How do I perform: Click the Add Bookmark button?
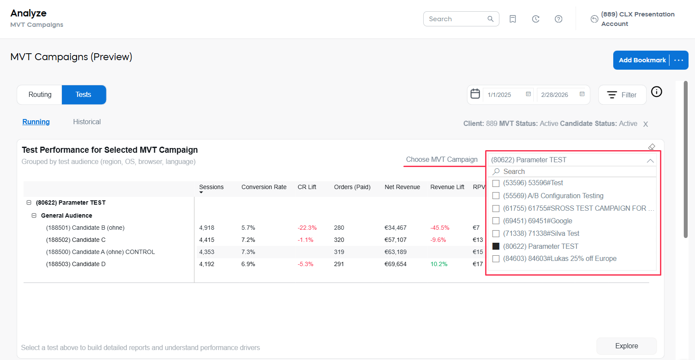[x=642, y=60]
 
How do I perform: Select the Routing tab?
[x=40, y=95]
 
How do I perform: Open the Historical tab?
[x=87, y=122]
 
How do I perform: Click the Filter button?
[x=622, y=95]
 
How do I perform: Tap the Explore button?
[x=626, y=346]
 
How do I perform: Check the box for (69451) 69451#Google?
[x=496, y=221]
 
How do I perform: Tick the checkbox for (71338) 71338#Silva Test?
[x=496, y=234]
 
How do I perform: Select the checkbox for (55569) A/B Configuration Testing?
[x=496, y=196]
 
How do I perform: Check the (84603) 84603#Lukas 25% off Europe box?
[x=496, y=259]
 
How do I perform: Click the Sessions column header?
[x=211, y=187]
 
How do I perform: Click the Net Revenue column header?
[x=402, y=187]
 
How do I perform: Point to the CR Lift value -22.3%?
[x=307, y=228]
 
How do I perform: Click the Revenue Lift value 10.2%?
[x=439, y=264]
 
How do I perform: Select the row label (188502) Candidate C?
[x=76, y=240]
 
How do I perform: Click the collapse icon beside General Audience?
[x=34, y=215]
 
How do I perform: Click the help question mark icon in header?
[x=559, y=19]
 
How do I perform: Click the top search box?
[x=457, y=19]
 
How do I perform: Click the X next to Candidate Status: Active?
[x=646, y=124]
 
